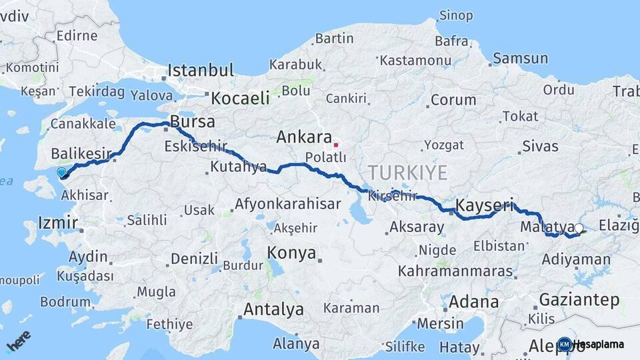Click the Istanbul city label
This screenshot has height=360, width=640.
tap(200, 70)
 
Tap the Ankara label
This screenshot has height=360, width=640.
tap(303, 137)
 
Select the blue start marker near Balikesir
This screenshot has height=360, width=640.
tap(61, 173)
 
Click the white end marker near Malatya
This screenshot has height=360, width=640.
tap(578, 229)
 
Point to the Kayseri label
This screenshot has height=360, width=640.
tap(485, 205)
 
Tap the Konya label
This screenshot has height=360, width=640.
tap(291, 253)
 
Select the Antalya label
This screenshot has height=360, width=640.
tap(273, 309)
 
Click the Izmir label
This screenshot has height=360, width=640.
tap(58, 222)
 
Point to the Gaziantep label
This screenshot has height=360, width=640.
tap(579, 300)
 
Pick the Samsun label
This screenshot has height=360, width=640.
tap(519, 59)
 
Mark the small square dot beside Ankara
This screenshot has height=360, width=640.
tap(336, 144)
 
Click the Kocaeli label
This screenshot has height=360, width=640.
tap(240, 98)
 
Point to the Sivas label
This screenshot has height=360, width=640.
tap(540, 146)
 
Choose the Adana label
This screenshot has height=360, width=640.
tap(473, 301)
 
